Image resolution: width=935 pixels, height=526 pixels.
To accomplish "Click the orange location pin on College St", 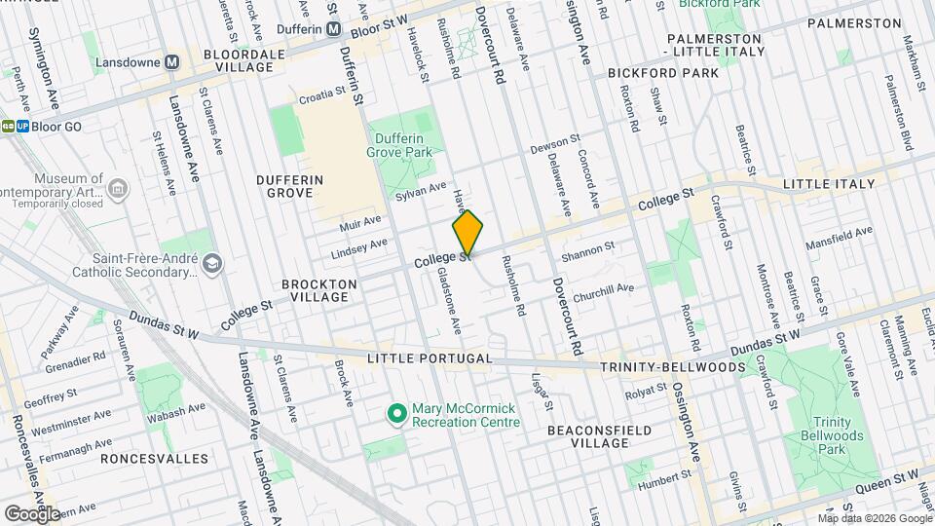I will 467,234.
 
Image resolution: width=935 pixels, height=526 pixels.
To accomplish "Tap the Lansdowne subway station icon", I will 172,62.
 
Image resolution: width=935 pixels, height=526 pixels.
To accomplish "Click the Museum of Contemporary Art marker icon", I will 118,187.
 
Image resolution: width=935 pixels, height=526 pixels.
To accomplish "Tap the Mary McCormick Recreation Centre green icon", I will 396,415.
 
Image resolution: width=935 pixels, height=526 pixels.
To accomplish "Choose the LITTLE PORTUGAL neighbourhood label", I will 430,359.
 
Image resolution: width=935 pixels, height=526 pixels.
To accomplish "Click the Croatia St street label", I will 321,96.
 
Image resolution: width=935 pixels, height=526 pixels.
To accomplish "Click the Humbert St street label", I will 663,478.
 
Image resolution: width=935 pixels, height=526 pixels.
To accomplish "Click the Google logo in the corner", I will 31,513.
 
